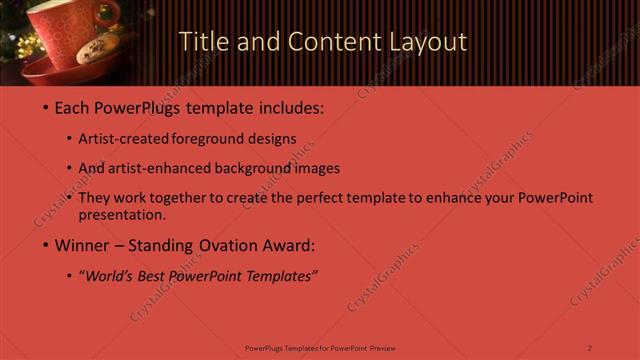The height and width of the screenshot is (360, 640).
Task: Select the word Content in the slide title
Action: tap(330, 42)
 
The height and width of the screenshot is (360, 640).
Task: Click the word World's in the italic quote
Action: tap(110, 276)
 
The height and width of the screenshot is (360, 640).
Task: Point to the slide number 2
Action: tap(590, 348)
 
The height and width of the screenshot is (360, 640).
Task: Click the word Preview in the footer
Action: tap(382, 348)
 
